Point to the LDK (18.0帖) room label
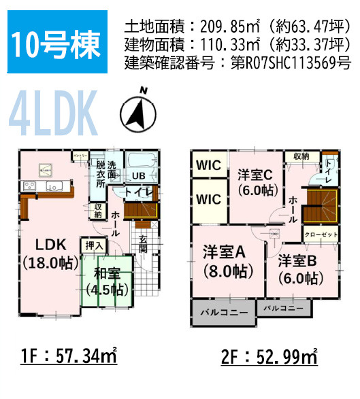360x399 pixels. click(x=46, y=253)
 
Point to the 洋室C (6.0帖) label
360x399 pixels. click(x=255, y=182)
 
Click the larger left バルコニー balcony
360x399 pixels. click(x=224, y=313)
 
